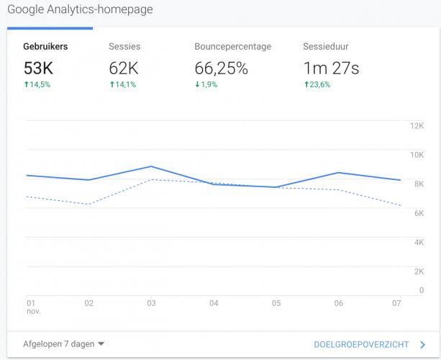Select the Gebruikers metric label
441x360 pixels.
click(46, 47)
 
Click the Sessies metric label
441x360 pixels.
click(124, 47)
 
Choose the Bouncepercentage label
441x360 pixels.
click(232, 47)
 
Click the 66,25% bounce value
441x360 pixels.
click(222, 68)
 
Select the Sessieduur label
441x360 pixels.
click(326, 47)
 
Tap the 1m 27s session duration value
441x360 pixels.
click(331, 68)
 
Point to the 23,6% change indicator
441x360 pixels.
click(319, 85)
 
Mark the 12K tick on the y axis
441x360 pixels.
click(416, 125)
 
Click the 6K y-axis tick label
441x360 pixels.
click(418, 213)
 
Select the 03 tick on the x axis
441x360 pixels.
click(151, 304)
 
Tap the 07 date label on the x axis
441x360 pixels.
click(396, 304)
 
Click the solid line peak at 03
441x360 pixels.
click(151, 166)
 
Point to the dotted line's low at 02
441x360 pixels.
click(88, 204)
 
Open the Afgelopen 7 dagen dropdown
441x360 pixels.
click(63, 344)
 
